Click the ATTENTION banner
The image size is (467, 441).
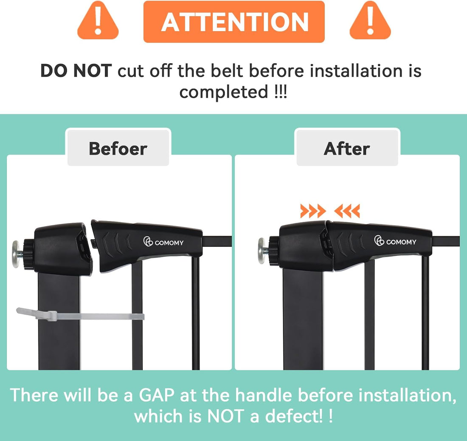(x=234, y=21)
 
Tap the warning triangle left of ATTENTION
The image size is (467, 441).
(x=98, y=21)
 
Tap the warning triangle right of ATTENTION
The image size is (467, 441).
(x=370, y=21)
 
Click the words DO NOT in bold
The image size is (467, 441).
(x=76, y=71)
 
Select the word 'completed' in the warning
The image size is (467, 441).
(x=224, y=92)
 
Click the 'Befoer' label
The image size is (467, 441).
(x=118, y=148)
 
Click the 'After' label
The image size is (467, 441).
(x=347, y=148)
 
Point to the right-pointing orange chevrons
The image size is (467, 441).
(x=313, y=211)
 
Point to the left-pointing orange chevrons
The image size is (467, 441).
(x=347, y=211)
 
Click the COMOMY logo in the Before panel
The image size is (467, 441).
(x=163, y=242)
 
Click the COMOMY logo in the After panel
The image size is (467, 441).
(x=395, y=241)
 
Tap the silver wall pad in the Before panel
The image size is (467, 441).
(x=15, y=254)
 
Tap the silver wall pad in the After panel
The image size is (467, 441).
(x=262, y=251)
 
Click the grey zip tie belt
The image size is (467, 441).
(x=80, y=315)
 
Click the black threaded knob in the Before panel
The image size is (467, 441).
(x=28, y=254)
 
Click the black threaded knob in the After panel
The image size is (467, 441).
(x=274, y=251)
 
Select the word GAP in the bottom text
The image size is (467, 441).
(x=156, y=395)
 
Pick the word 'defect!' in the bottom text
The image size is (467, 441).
(x=294, y=416)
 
